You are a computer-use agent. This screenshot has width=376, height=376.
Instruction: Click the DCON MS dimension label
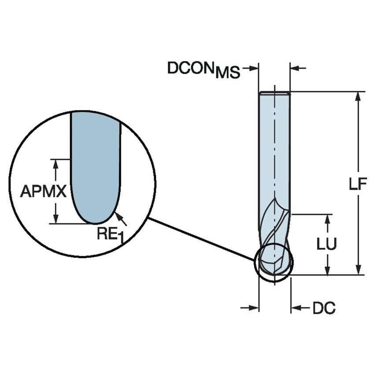pyautogui.click(x=203, y=69)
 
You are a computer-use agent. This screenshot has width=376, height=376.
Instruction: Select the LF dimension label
pyautogui.click(x=358, y=184)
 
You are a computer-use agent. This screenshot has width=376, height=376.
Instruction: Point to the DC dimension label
pyautogui.click(x=324, y=308)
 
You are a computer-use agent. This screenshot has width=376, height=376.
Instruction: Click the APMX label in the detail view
pyautogui.click(x=43, y=192)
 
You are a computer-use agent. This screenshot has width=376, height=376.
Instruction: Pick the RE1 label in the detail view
pyautogui.click(x=108, y=233)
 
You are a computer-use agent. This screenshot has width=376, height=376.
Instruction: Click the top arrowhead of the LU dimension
pyautogui.click(x=327, y=219)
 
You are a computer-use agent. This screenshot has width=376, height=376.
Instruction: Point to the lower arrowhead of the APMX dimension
pyautogui.click(x=55, y=218)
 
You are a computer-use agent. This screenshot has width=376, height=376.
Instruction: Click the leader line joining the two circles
pyautogui.click(x=203, y=237)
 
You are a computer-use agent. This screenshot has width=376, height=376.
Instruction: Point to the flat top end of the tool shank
pyautogui.click(x=274, y=93)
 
